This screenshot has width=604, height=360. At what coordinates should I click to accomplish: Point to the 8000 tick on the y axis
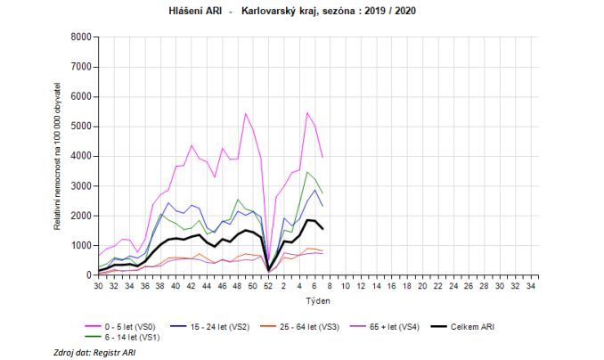click(80, 37)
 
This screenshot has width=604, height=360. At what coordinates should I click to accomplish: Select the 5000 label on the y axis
click(80, 127)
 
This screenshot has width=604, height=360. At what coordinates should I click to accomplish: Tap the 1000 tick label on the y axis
click(80, 245)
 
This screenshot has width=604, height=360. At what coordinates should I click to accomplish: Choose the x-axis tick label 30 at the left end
click(98, 287)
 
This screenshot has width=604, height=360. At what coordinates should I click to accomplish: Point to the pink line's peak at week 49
click(245, 113)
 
